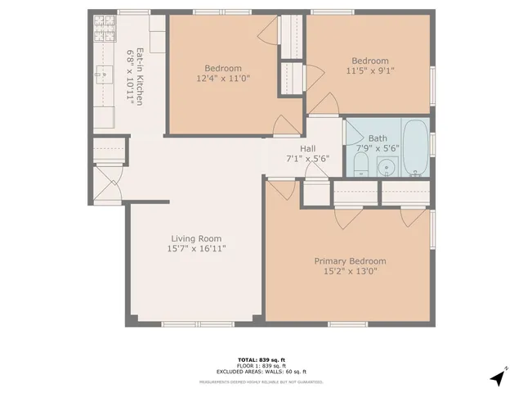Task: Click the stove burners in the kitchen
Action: click(x=104, y=30)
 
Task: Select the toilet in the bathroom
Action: click(x=360, y=167)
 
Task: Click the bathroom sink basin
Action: click(x=387, y=167)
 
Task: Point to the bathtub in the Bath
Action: click(x=415, y=148)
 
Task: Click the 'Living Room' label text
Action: click(x=196, y=238)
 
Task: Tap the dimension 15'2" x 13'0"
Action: click(x=351, y=273)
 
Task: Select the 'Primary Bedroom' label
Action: click(x=351, y=262)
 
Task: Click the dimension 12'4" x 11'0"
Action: click(x=222, y=79)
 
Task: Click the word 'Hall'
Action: click(x=307, y=148)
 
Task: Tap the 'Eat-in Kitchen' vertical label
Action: click(x=141, y=77)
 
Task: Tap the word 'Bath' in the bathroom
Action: click(x=378, y=138)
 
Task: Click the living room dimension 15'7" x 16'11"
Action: click(x=196, y=249)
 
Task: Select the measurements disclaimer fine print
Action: click(x=261, y=382)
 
